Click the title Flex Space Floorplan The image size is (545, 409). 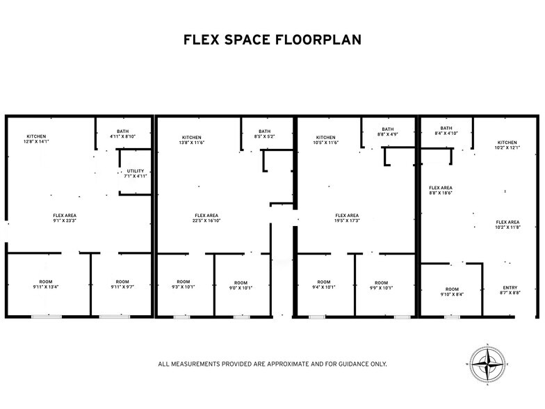click(272, 40)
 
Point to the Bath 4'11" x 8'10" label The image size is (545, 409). click(123, 134)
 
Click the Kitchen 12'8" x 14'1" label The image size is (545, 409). click(36, 138)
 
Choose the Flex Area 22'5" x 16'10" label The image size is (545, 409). click(206, 218)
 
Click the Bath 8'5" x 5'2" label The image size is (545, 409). click(265, 134)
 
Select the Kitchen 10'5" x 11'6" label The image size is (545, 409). click(325, 140)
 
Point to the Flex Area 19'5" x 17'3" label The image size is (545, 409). click(347, 218)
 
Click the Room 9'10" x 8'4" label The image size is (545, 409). click(452, 291)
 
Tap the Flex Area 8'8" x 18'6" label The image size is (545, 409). click(441, 191)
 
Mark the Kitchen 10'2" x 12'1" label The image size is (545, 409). click(507, 145)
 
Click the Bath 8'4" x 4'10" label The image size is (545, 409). click(446, 130)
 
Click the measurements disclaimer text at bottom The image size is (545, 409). click(272, 364)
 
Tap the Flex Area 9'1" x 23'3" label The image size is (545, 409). click(64, 218)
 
